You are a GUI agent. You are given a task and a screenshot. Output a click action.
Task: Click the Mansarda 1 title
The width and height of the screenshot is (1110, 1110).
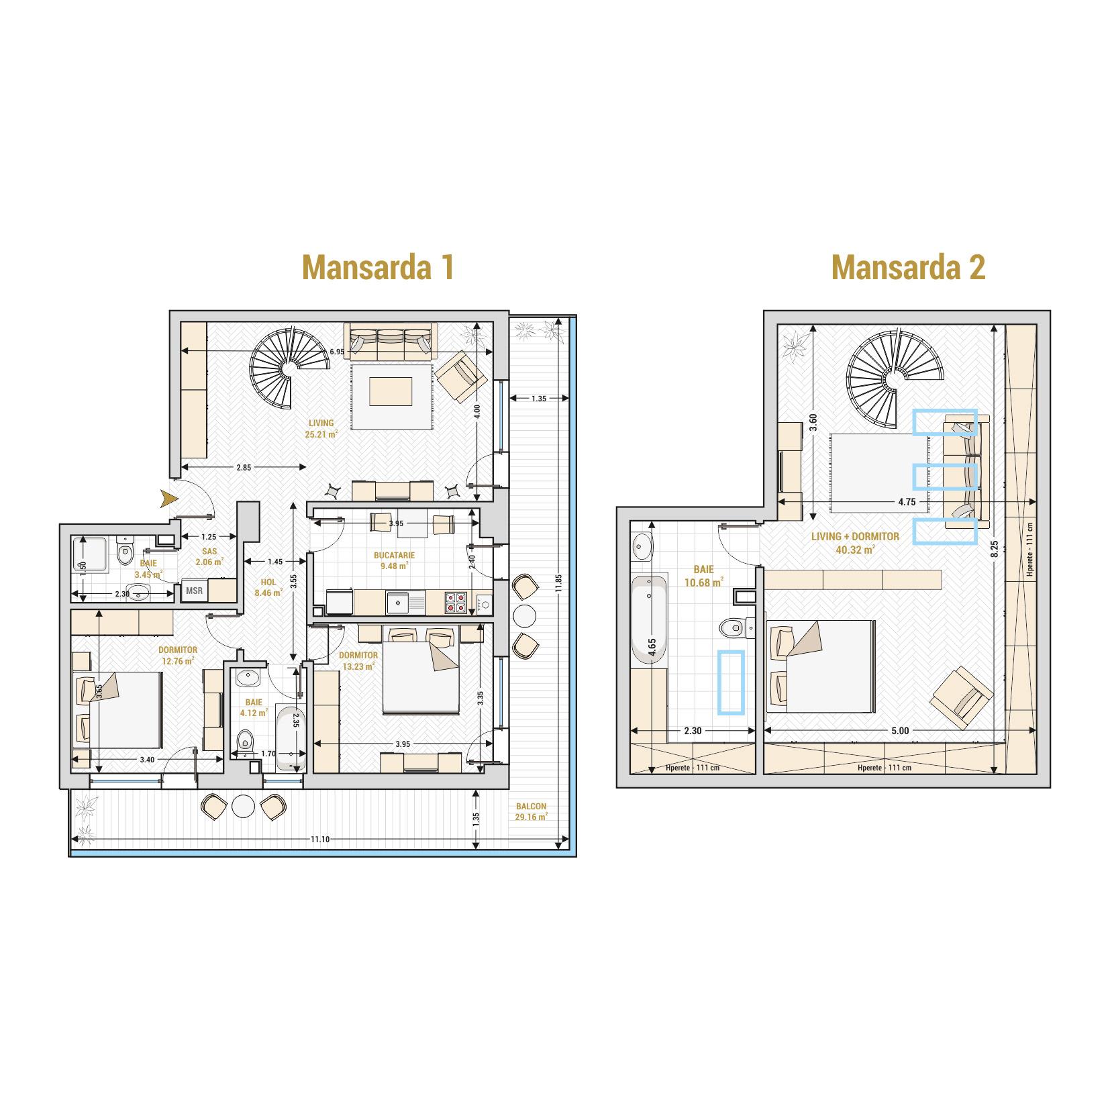[379, 267]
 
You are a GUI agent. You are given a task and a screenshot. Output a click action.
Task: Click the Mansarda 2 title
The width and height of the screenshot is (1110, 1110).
[908, 267]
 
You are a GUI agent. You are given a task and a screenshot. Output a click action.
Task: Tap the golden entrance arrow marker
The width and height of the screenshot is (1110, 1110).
[169, 498]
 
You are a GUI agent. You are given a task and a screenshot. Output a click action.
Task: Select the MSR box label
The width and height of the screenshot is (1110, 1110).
[195, 591]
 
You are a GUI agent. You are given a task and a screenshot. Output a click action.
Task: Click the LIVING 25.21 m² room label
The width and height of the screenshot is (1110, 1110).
[321, 428]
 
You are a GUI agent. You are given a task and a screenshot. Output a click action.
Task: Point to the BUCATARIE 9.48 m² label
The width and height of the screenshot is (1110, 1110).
[395, 560]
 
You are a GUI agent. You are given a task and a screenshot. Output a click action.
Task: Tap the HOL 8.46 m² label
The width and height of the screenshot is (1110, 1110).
[268, 588]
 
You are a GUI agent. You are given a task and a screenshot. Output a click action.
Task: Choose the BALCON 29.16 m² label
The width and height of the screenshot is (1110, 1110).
[532, 811]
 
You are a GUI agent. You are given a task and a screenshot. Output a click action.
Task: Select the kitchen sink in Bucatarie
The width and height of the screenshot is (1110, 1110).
[402, 601]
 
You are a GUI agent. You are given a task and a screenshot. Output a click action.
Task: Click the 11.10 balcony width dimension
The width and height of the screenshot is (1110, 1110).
[320, 839]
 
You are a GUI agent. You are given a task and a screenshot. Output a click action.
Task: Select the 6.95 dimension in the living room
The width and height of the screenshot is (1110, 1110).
[337, 351]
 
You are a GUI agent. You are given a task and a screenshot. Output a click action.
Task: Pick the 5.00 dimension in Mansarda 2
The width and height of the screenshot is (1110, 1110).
[900, 731]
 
